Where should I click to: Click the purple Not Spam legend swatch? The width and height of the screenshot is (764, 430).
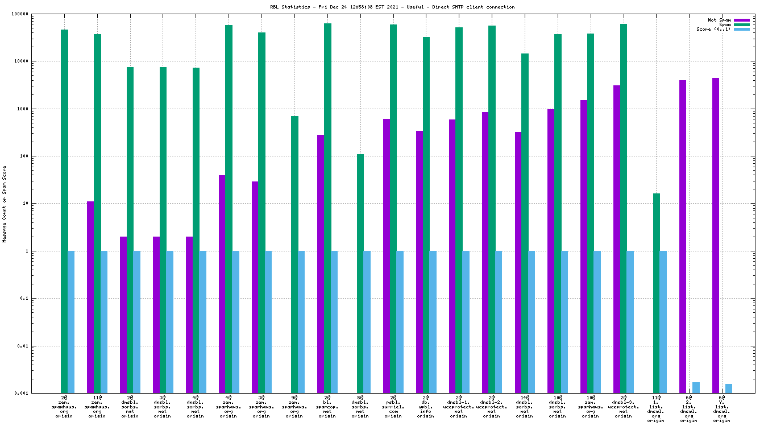click(x=742, y=20)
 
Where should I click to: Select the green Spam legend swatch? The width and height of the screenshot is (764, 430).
click(x=742, y=24)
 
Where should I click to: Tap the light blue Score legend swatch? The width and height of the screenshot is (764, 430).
click(x=742, y=29)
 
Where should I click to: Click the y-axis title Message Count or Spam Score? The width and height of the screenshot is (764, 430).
click(x=5, y=204)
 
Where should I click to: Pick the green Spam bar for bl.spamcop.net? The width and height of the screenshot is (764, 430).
click(x=328, y=208)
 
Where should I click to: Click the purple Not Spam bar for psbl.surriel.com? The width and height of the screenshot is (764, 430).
click(x=387, y=256)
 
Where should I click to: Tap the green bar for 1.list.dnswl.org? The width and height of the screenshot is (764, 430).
click(x=657, y=293)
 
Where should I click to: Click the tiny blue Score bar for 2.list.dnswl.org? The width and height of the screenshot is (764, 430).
click(x=696, y=387)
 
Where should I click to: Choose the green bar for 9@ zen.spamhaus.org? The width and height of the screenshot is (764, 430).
click(x=295, y=254)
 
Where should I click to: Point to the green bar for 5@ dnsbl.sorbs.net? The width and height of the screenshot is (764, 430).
click(x=360, y=274)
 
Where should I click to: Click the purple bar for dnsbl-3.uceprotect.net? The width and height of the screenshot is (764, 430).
click(x=617, y=239)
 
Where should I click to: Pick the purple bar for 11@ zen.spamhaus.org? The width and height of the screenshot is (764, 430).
click(x=90, y=297)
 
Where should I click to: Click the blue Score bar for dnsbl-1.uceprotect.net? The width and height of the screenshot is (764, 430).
click(x=466, y=321)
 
